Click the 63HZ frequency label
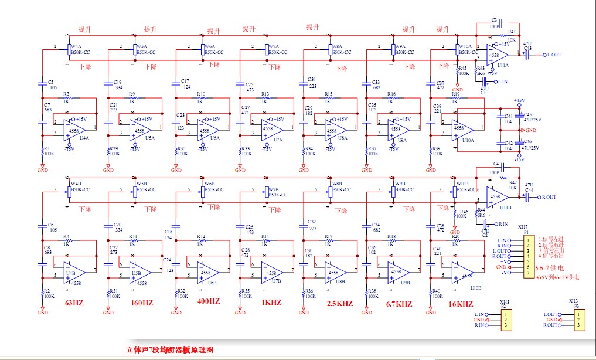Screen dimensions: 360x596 (74, 303)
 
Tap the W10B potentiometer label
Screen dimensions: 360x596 (463, 184)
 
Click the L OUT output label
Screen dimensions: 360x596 (554, 55)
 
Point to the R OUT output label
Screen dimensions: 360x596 (549, 197)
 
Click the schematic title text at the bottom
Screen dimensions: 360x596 (171, 350)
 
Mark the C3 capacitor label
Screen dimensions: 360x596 (494, 20)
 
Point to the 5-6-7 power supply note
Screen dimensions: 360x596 (554, 267)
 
